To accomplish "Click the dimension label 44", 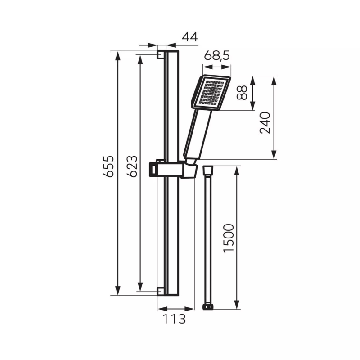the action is pos(190,37).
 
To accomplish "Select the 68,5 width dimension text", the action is pos(217,55).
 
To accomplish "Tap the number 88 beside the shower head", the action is pos(242,93).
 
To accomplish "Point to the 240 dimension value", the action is pos(265,123).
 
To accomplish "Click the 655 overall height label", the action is pos(108,166).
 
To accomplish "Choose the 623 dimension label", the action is pos(132,166).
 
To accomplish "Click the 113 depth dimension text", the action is pos(174,319).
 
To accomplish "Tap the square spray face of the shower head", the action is pos(211,93).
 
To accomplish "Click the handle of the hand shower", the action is pos(198,134).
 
